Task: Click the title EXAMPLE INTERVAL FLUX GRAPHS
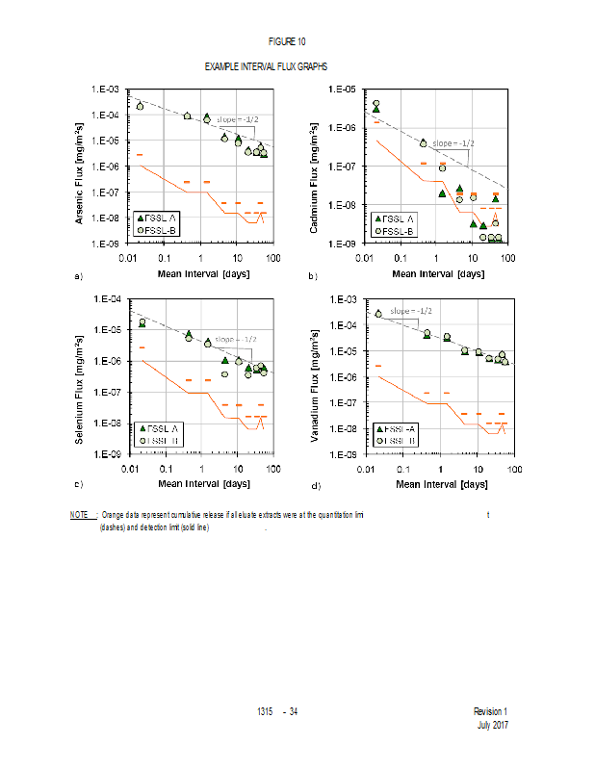(266, 66)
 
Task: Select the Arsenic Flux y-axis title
(79, 167)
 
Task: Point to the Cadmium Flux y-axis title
(315, 167)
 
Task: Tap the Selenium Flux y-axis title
(79, 376)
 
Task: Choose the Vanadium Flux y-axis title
(315, 376)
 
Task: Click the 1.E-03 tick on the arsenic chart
(104, 90)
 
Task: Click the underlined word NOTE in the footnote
(79, 516)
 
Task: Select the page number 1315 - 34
(277, 711)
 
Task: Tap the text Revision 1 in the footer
(490, 711)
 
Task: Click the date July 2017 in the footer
(492, 725)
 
